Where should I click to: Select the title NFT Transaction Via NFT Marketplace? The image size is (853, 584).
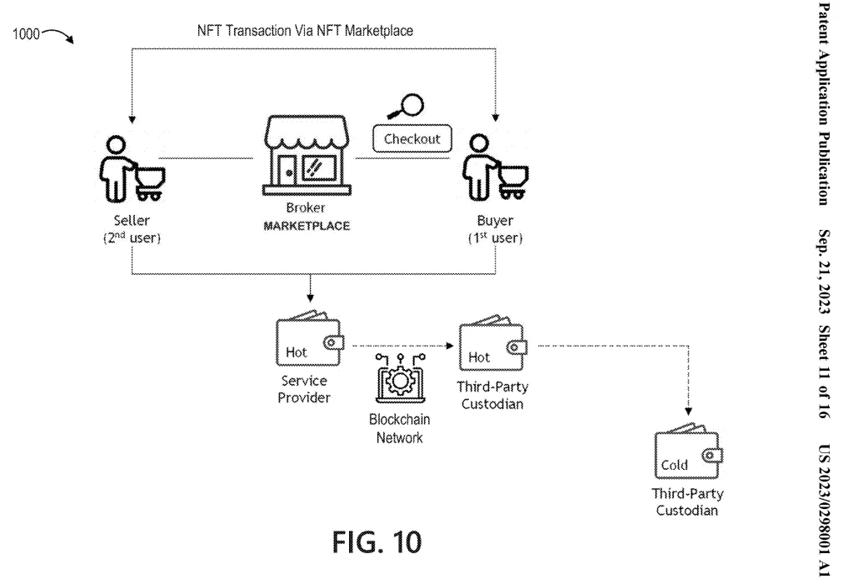tap(316, 31)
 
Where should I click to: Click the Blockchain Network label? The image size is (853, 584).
tap(397, 428)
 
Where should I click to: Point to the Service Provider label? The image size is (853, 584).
tap(303, 387)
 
